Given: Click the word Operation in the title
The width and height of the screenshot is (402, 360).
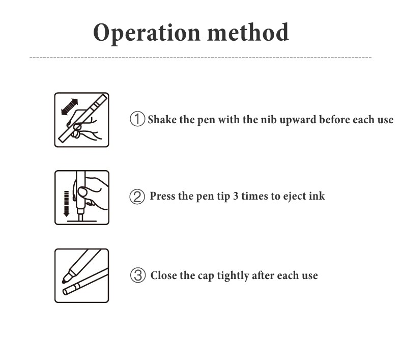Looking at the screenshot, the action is click(x=147, y=33).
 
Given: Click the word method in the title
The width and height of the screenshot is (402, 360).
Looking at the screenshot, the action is click(x=248, y=32).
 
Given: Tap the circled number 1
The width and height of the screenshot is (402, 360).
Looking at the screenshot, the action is click(x=137, y=119).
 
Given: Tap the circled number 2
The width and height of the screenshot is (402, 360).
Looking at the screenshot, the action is click(x=137, y=197).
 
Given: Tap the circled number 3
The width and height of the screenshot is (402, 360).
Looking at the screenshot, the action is click(x=138, y=275).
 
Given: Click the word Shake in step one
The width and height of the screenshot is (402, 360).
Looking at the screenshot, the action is click(x=162, y=120).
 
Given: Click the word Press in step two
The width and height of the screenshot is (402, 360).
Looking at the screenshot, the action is click(x=162, y=196).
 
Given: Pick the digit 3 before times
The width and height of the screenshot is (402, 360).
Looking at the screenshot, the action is click(x=236, y=196).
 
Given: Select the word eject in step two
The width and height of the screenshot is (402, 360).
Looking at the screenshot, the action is click(x=294, y=197).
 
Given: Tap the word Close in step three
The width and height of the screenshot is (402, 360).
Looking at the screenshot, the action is click(x=163, y=275).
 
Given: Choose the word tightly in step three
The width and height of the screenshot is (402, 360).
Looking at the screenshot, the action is click(x=233, y=276).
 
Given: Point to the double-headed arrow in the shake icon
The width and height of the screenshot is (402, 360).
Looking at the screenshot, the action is click(x=70, y=107).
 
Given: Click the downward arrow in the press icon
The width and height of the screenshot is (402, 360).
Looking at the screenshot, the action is click(x=66, y=204).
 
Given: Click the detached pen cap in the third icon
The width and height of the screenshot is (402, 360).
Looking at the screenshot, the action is click(x=85, y=282).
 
